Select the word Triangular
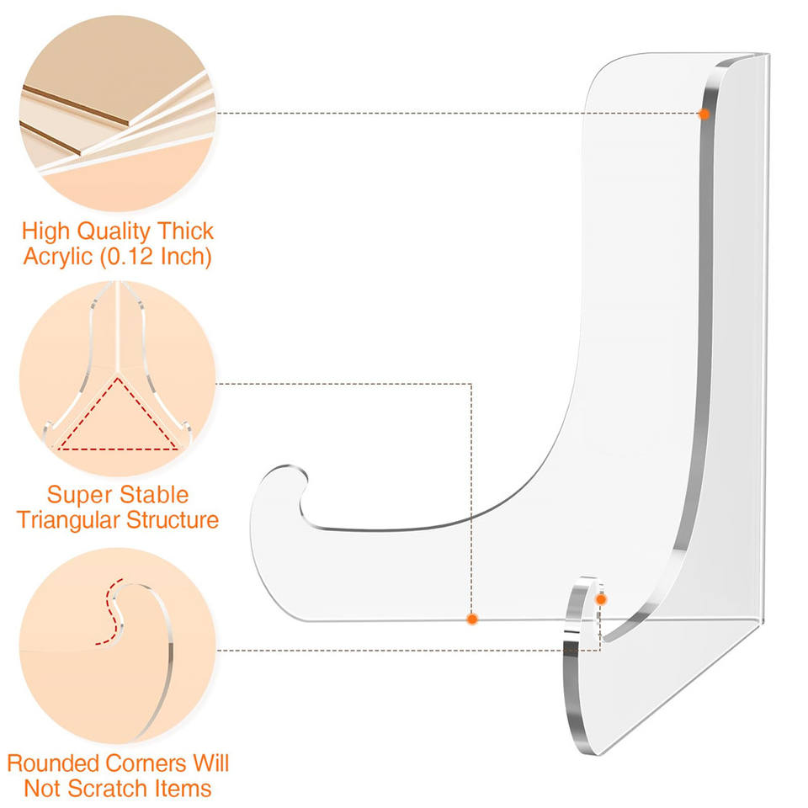pos(68,519)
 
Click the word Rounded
pos(53,763)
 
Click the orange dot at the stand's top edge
pos(704,113)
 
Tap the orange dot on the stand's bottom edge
pos(472,619)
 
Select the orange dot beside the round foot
pos(601,598)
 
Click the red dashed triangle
pos(118,417)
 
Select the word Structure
pos(173,519)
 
